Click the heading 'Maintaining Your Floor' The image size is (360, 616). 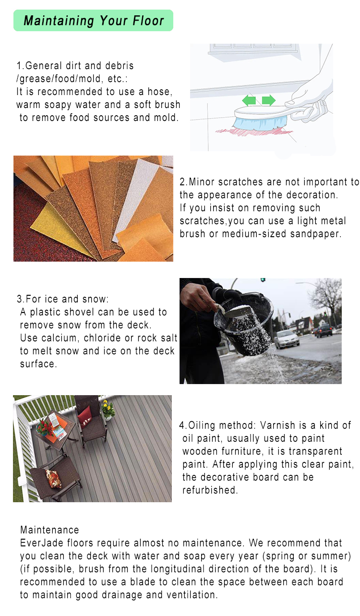[x=94, y=21]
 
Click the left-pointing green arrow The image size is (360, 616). [x=249, y=100]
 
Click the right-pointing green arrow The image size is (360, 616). [x=269, y=100]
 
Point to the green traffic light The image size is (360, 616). [x=263, y=280]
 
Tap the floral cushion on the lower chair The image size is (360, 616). [x=53, y=479]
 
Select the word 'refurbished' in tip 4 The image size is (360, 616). [x=210, y=490]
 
